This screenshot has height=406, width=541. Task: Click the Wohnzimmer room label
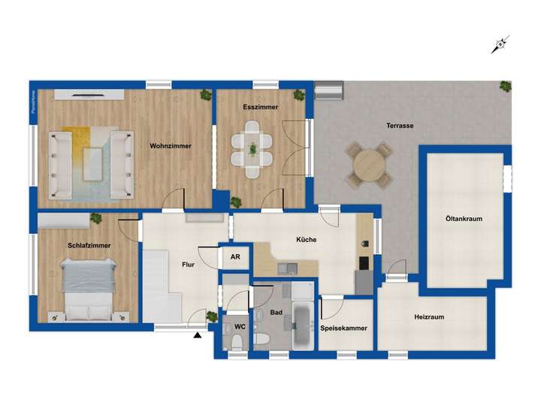(x=171, y=146)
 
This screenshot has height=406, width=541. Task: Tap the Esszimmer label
(x=261, y=108)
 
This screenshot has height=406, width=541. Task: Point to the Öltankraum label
(x=464, y=219)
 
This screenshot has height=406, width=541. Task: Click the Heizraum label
(x=429, y=317)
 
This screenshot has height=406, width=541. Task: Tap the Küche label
(x=307, y=240)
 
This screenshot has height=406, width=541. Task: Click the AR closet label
(x=235, y=257)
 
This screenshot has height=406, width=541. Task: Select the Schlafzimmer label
(x=89, y=246)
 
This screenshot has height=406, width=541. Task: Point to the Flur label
(x=189, y=265)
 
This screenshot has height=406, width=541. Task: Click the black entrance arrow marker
(x=198, y=337)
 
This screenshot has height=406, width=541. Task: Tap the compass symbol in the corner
(x=499, y=46)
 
